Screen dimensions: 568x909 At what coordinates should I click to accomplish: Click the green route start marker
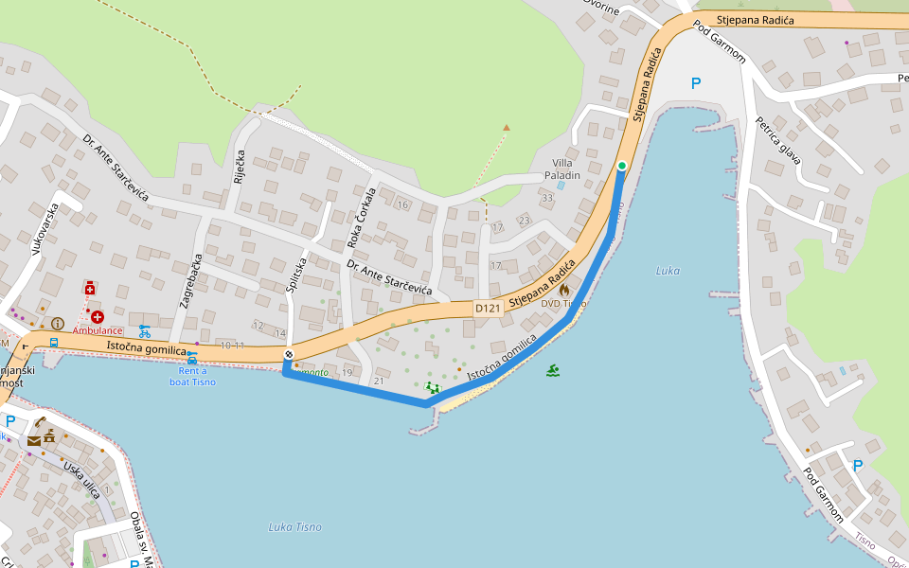click(x=621, y=167)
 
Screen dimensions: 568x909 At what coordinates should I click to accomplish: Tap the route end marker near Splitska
click(x=289, y=354)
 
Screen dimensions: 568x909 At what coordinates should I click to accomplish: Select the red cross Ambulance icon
click(x=98, y=316)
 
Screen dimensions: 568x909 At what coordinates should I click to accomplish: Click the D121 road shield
click(x=487, y=309)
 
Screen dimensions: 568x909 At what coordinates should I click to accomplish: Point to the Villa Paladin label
click(x=562, y=169)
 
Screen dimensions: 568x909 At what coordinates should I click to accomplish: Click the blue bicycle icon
click(x=145, y=331)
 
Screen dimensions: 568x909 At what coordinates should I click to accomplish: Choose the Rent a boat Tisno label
click(x=192, y=377)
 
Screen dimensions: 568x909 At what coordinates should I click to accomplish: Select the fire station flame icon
click(x=564, y=290)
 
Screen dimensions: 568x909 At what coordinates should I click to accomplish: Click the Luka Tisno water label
click(x=294, y=527)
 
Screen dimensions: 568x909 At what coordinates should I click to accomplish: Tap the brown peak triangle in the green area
click(x=507, y=127)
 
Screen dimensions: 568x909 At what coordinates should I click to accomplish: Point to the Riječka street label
click(x=240, y=167)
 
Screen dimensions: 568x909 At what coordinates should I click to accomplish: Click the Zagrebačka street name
click(x=187, y=282)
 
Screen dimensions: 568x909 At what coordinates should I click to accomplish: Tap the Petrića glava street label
click(x=778, y=140)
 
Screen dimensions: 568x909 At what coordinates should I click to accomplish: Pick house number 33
click(x=547, y=198)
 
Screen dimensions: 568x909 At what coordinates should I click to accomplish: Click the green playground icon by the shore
click(x=433, y=387)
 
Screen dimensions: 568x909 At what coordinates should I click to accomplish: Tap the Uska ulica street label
click(x=81, y=480)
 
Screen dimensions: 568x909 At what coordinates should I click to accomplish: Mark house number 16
click(x=401, y=205)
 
